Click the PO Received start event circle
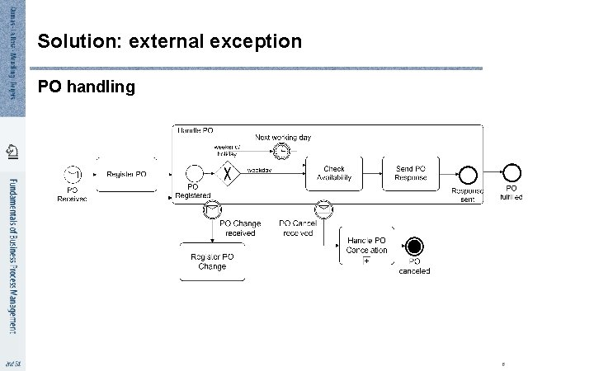tap(73, 174)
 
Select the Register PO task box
tap(126, 174)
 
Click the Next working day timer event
tap(282, 152)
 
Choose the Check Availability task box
tap(334, 173)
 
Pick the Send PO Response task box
tap(410, 173)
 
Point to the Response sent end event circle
tap(468, 174)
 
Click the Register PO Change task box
tap(212, 261)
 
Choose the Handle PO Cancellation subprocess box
tap(366, 245)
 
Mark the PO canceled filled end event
tap(414, 247)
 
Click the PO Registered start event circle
tap(195, 173)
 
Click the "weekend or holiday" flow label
tap(227, 150)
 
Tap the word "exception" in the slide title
tap(257, 40)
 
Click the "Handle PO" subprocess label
tap(196, 130)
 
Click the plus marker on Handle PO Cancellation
tap(366, 261)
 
